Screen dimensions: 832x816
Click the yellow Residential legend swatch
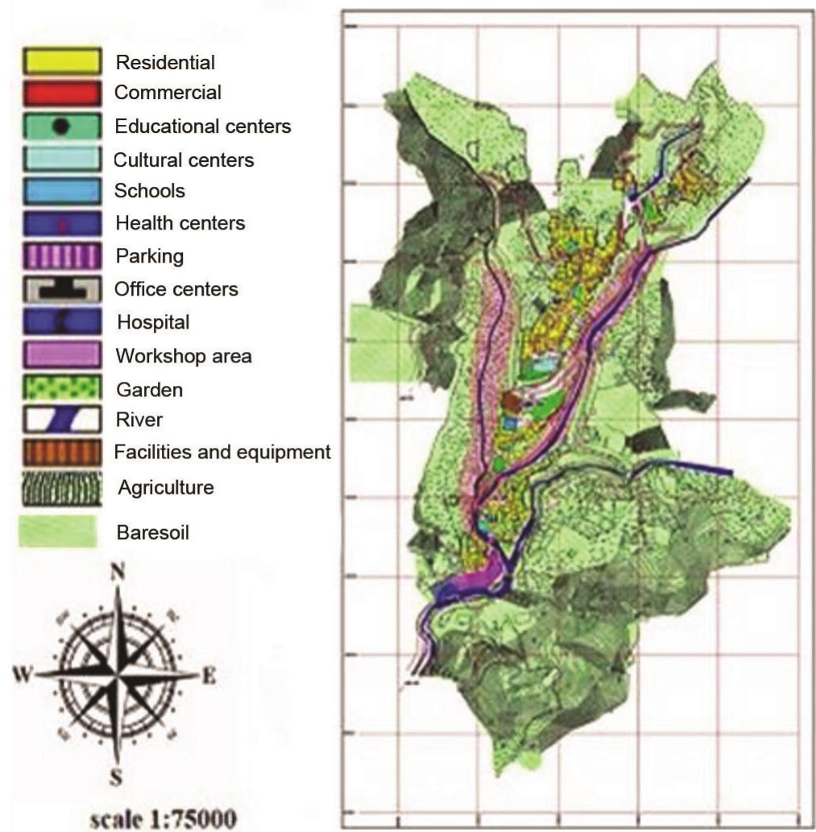pyautogui.click(x=60, y=61)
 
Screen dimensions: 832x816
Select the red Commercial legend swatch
pyautogui.click(x=60, y=93)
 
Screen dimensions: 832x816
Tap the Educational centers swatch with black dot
pyautogui.click(x=60, y=126)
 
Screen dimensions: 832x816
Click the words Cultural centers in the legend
pyautogui.click(x=184, y=160)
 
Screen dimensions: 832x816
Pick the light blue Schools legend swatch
pyautogui.click(x=60, y=192)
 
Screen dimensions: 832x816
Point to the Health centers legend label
pyautogui.click(x=180, y=223)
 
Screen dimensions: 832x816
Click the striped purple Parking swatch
pyautogui.click(x=60, y=257)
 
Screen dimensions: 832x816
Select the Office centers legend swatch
pyautogui.click(x=60, y=289)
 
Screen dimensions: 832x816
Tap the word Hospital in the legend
pyautogui.click(x=153, y=322)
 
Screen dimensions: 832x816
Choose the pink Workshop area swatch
pyautogui.click(x=60, y=354)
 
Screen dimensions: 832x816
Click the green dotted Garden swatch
pyautogui.click(x=60, y=388)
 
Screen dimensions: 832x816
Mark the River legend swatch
pyautogui.click(x=60, y=420)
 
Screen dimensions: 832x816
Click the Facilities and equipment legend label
pyautogui.click(x=222, y=453)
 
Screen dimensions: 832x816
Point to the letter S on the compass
pyautogui.click(x=118, y=778)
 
